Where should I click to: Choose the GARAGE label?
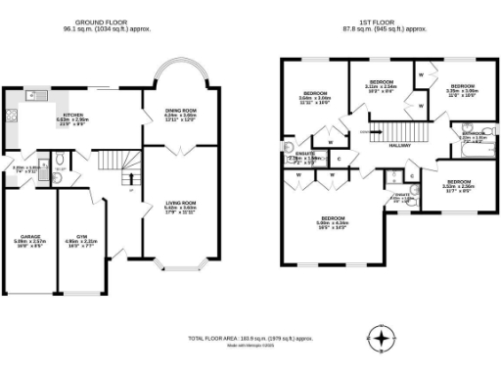(x=30, y=236)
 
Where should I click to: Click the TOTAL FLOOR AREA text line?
(x=250, y=338)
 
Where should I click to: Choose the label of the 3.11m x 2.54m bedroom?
(x=380, y=81)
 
